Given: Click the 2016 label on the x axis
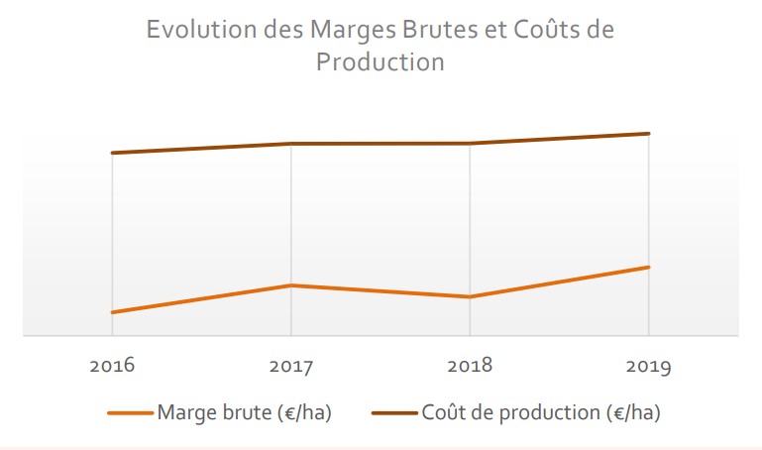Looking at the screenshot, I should pyautogui.click(x=112, y=366).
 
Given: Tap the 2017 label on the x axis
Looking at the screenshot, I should pyautogui.click(x=290, y=367).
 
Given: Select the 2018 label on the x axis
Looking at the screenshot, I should pyautogui.click(x=470, y=366).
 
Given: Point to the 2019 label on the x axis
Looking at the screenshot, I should pyautogui.click(x=649, y=367).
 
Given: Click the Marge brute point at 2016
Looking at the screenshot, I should pyautogui.click(x=112, y=312).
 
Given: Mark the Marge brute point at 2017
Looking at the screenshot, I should pyautogui.click(x=290, y=285).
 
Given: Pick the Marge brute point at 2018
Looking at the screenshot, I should pyautogui.click(x=470, y=296).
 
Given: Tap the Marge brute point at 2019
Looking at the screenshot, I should pyautogui.click(x=649, y=267).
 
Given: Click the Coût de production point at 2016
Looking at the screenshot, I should pyautogui.click(x=112, y=153).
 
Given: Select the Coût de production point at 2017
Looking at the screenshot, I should pyautogui.click(x=290, y=144).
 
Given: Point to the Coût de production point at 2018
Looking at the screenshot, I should pyautogui.click(x=470, y=144).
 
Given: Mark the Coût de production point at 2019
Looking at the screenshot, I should pyautogui.click(x=649, y=134).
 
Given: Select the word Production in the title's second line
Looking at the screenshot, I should pyautogui.click(x=381, y=61).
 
